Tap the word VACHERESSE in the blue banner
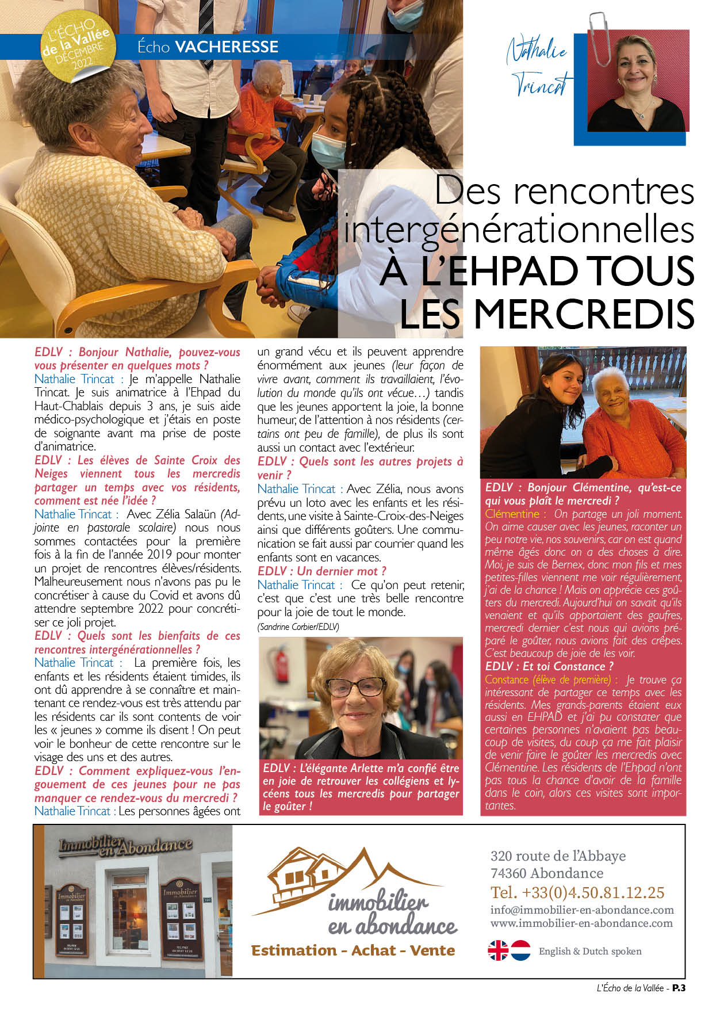227,47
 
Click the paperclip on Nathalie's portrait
600,38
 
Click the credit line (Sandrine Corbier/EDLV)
298,627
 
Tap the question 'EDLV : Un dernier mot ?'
321,571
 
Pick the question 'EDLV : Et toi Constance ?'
549,666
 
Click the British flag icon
498,950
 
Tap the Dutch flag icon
521,950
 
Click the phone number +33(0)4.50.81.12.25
577,892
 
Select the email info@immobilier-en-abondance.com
582,910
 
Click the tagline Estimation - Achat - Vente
353,950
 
